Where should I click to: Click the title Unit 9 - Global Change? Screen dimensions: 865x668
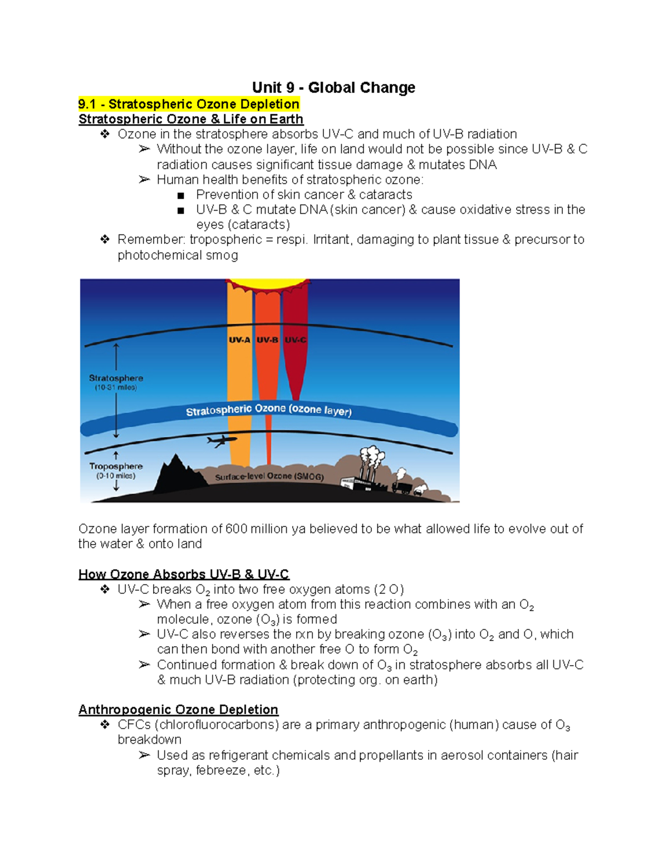333,87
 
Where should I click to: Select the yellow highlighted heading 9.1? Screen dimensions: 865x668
189,104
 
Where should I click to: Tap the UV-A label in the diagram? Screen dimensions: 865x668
239,340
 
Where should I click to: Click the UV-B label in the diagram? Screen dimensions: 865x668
267,340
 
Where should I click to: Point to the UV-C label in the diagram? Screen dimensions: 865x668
295,340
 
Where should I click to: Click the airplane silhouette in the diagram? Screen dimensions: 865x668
221,441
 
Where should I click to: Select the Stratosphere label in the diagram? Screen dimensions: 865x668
116,378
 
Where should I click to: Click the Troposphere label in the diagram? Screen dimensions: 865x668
116,466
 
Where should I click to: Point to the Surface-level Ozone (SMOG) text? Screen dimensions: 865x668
269,477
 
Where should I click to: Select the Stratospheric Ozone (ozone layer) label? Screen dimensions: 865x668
269,410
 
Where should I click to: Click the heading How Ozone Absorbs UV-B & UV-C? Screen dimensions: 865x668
184,574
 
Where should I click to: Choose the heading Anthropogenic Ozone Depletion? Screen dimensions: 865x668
178,710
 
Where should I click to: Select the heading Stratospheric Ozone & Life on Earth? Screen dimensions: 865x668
191,119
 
